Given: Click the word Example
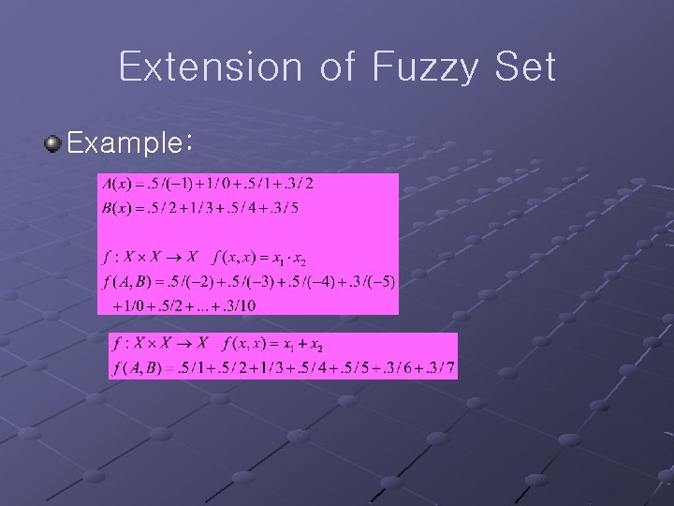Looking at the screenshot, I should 126,143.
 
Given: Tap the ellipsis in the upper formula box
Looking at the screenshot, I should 207,305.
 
